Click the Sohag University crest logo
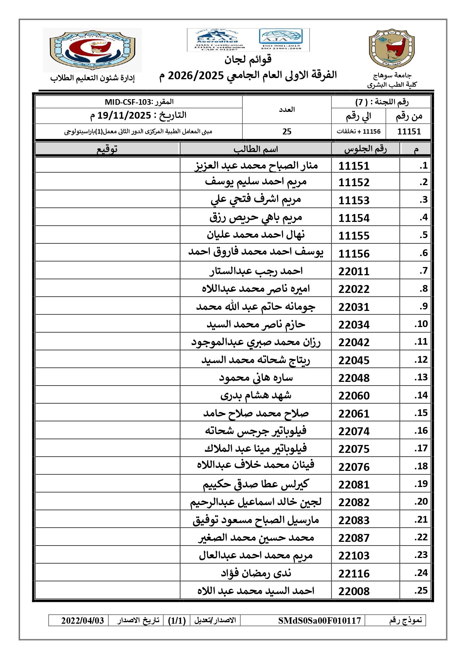coord(392,49)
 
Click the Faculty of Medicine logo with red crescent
coord(92,50)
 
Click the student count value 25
coord(287,131)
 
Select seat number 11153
coord(354,200)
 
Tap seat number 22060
coord(354,395)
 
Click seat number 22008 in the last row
coord(354,591)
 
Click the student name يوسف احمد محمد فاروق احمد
coord(256,252)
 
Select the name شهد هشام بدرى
coord(256,395)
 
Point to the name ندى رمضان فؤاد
coord(256,573)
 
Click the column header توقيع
coord(107,149)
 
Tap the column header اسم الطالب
coord(256,149)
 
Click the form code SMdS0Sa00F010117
coord(319,620)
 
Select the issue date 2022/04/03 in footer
coord(83,620)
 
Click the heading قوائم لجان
coord(248,59)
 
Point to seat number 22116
coord(354,573)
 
